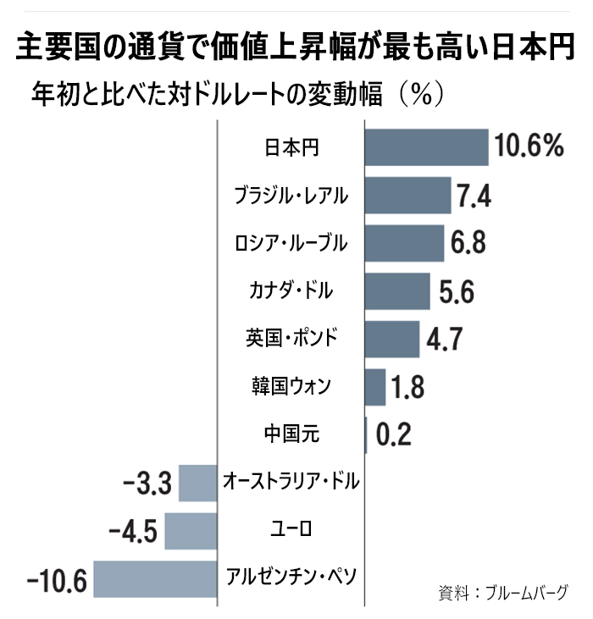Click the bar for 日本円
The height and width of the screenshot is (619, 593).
(426, 147)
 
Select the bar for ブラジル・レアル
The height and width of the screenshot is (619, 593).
(407, 196)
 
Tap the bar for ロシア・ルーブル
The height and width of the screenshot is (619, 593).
(404, 244)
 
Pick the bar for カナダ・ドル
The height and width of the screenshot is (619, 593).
(397, 292)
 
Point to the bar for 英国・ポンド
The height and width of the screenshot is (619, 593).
(391, 340)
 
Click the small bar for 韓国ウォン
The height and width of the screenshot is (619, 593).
(374, 387)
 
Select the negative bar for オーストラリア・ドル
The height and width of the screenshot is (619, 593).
(198, 484)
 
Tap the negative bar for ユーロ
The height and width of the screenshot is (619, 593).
(191, 532)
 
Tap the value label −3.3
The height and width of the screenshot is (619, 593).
(148, 485)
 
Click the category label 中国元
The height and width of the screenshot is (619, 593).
(291, 435)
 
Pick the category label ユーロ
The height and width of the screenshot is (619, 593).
(291, 532)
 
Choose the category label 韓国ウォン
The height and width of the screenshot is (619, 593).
(291, 387)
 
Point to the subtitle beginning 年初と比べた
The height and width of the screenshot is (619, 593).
(236, 92)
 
